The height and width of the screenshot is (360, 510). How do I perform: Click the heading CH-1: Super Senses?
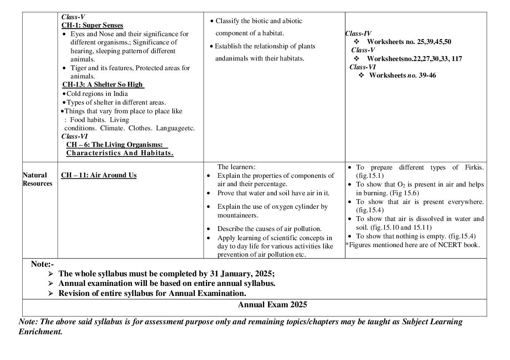(x=92, y=25)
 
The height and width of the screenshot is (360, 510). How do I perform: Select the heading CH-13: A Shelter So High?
(x=103, y=85)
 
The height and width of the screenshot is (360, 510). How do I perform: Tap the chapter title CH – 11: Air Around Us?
(x=99, y=175)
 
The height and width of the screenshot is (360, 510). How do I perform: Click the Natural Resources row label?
(x=37, y=179)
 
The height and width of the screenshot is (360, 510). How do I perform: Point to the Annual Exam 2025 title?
(x=272, y=305)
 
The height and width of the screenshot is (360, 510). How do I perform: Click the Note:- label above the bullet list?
(x=42, y=264)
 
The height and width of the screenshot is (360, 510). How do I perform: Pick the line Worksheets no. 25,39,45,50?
(x=408, y=42)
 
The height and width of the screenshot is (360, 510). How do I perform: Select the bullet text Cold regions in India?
(x=97, y=94)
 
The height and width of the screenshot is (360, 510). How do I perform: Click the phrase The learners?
(x=236, y=167)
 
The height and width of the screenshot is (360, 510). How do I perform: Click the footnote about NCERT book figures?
(x=412, y=245)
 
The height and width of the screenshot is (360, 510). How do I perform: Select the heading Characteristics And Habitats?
(x=120, y=153)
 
